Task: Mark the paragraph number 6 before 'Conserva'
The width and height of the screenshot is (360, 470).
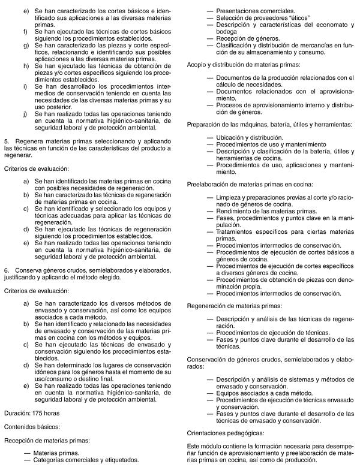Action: click(x=6, y=270)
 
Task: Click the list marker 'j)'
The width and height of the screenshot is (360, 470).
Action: click(x=26, y=113)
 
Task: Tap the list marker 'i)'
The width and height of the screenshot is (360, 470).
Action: click(x=26, y=86)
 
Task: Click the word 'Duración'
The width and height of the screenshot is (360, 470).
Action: click(x=15, y=413)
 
